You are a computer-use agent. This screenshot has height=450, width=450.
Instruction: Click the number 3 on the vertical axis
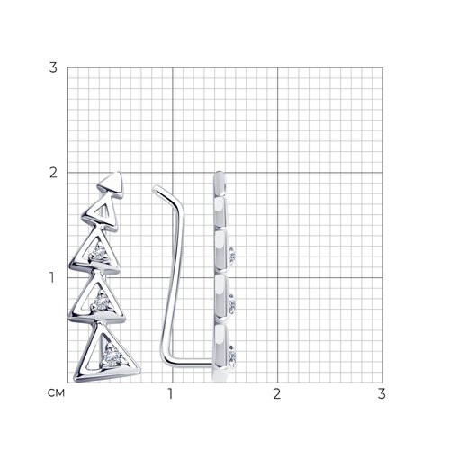point(53,67)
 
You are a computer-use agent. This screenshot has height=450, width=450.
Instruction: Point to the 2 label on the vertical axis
point(53,173)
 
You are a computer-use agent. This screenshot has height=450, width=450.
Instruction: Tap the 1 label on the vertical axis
point(52,277)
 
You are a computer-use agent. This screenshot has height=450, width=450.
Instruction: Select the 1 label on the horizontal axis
point(170,393)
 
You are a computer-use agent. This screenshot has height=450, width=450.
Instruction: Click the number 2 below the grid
point(277,393)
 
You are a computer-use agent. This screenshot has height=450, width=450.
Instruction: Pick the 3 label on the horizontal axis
point(382,393)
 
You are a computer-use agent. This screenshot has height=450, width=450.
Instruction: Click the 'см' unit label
point(56,393)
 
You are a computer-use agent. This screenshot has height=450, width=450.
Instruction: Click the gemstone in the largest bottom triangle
point(112,356)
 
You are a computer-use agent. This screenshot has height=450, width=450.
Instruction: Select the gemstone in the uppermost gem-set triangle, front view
point(98,254)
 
